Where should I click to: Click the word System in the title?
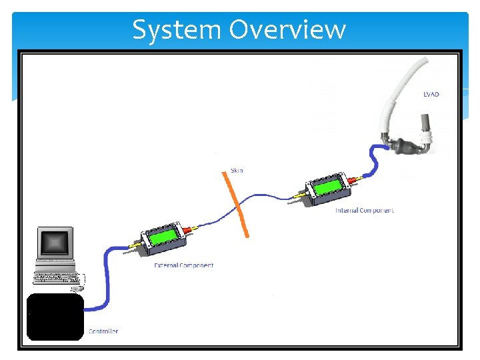[x=177, y=30]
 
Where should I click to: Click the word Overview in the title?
[x=287, y=29]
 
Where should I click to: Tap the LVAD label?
[x=431, y=94]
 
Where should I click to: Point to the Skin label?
[x=237, y=171]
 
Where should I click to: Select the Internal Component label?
[x=364, y=210]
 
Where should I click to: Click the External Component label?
[x=184, y=265]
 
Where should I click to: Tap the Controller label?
[x=103, y=331]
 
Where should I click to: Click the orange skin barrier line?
[x=235, y=205]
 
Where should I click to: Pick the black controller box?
[x=55, y=317]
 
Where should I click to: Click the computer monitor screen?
[x=55, y=243]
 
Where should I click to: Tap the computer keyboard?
[x=57, y=277]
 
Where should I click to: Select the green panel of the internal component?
[x=327, y=186]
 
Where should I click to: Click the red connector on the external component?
[x=187, y=229]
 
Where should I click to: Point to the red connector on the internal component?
[x=352, y=180]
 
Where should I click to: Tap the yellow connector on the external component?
[x=135, y=245]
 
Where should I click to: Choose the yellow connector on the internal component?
[x=300, y=195]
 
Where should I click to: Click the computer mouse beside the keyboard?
[x=77, y=289]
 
